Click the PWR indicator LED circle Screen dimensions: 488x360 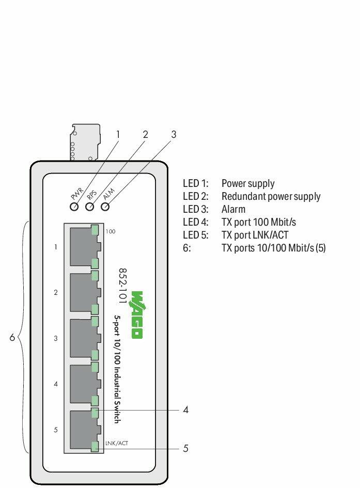pos(74,207)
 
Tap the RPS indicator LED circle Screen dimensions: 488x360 pos(90,207)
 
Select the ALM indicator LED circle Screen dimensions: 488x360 pos(106,207)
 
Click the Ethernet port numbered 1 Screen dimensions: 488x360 pos(83,247)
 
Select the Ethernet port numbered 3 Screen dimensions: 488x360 pos(83,339)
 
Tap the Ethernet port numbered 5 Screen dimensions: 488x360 pos(83,430)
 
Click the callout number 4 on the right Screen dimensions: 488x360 pos(185,410)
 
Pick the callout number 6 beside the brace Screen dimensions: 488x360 pos(12,338)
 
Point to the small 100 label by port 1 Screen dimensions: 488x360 pos(111,231)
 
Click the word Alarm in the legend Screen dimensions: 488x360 pos(233,209)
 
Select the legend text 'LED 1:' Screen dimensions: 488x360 pos(195,183)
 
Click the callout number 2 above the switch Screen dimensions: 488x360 pos(145,134)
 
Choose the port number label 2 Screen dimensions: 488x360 pos(56,293)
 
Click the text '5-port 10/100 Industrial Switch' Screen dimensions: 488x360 pos(117,369)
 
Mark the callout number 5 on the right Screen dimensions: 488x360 pos(185,448)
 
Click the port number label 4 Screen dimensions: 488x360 pos(56,384)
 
